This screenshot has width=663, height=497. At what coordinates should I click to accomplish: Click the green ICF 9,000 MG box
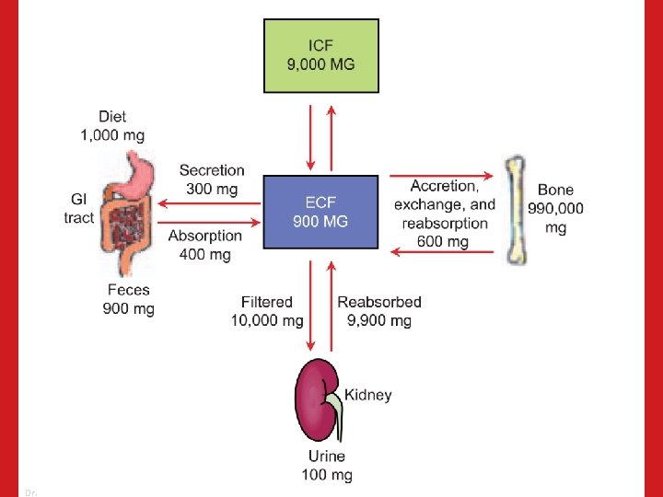click(321, 55)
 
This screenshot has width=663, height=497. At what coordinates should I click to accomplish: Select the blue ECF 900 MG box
click(320, 212)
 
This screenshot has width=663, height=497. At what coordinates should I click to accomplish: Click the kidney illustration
click(316, 401)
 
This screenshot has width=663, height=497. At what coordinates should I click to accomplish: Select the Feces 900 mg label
click(128, 299)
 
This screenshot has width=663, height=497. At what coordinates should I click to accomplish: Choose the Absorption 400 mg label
click(204, 245)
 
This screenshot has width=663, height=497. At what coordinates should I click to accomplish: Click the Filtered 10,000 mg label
click(266, 311)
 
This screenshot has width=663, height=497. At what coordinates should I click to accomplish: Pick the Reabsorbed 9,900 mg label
click(379, 311)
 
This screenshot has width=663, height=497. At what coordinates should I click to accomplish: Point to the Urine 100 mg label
click(327, 466)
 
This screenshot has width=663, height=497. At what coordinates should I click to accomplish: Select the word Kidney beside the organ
click(368, 395)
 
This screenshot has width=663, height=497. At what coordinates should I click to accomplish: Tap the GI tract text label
click(79, 208)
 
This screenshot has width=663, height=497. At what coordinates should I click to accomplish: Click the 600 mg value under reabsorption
click(443, 241)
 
